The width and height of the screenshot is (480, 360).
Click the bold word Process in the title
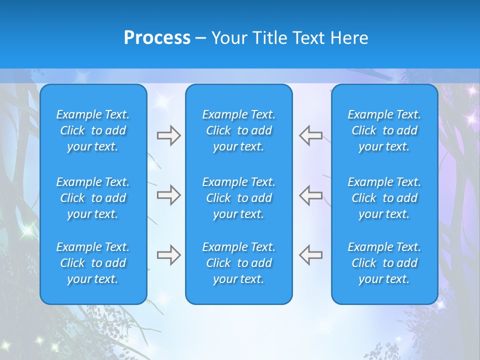point(157,38)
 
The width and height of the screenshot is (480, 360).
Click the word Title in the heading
point(270,38)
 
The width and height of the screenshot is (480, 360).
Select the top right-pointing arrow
point(168,135)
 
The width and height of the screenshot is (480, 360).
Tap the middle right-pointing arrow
point(168,195)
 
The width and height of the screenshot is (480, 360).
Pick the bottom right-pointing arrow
point(168,255)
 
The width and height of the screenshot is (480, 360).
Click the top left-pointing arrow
point(310,135)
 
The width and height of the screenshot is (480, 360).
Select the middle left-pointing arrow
point(310,195)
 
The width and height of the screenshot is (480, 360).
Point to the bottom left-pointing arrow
point(310,255)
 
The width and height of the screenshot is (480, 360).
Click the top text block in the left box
point(93,130)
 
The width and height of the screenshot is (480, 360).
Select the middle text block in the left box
point(93,198)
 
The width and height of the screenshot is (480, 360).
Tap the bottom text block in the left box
point(93,263)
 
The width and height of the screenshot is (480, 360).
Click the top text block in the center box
point(239,130)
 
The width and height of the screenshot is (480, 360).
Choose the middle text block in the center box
point(239,198)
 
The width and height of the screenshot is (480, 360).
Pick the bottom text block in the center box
point(239,263)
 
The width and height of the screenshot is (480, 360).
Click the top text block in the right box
point(384,130)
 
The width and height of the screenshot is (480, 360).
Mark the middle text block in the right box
point(384,198)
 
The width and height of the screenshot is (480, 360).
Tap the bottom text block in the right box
point(384,263)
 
